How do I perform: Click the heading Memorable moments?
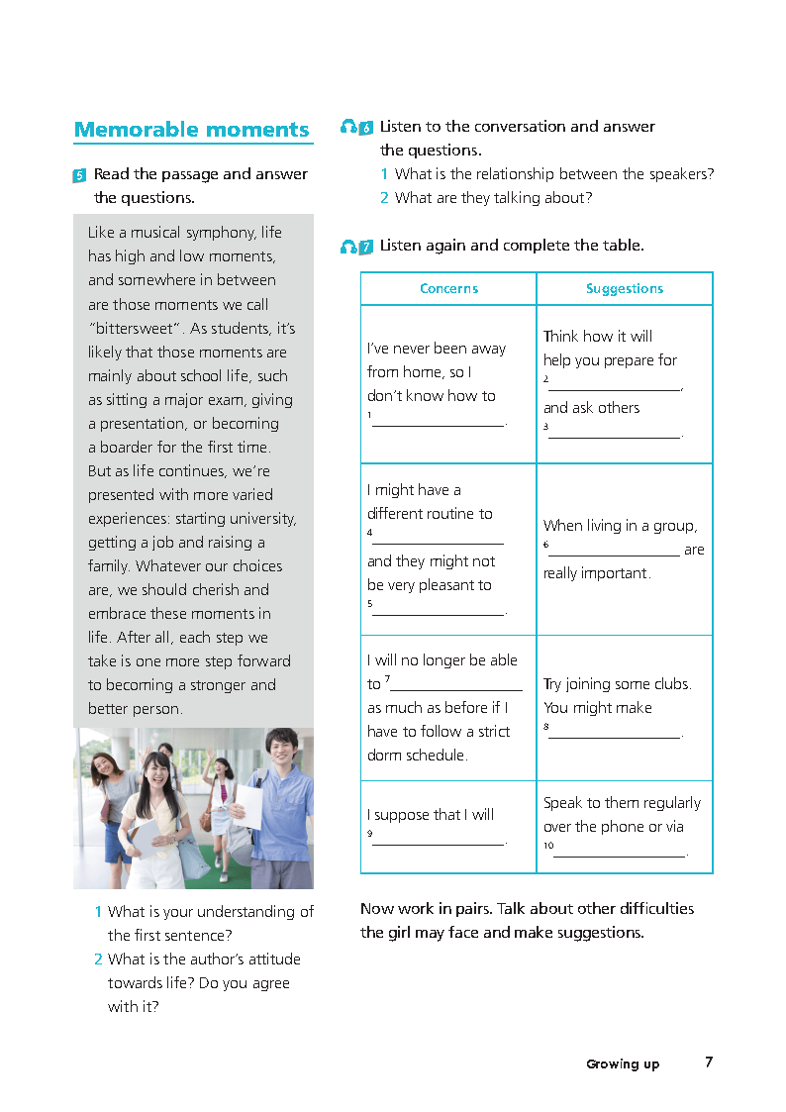pyautogui.click(x=192, y=130)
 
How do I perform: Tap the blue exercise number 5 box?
pyautogui.click(x=79, y=175)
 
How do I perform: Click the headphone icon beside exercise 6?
pyautogui.click(x=348, y=127)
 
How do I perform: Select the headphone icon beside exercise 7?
pyautogui.click(x=348, y=246)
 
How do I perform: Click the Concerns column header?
pyautogui.click(x=448, y=289)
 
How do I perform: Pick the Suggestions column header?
pyautogui.click(x=625, y=289)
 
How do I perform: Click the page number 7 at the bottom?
pyautogui.click(x=709, y=1062)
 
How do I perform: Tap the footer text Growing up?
pyautogui.click(x=623, y=1064)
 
